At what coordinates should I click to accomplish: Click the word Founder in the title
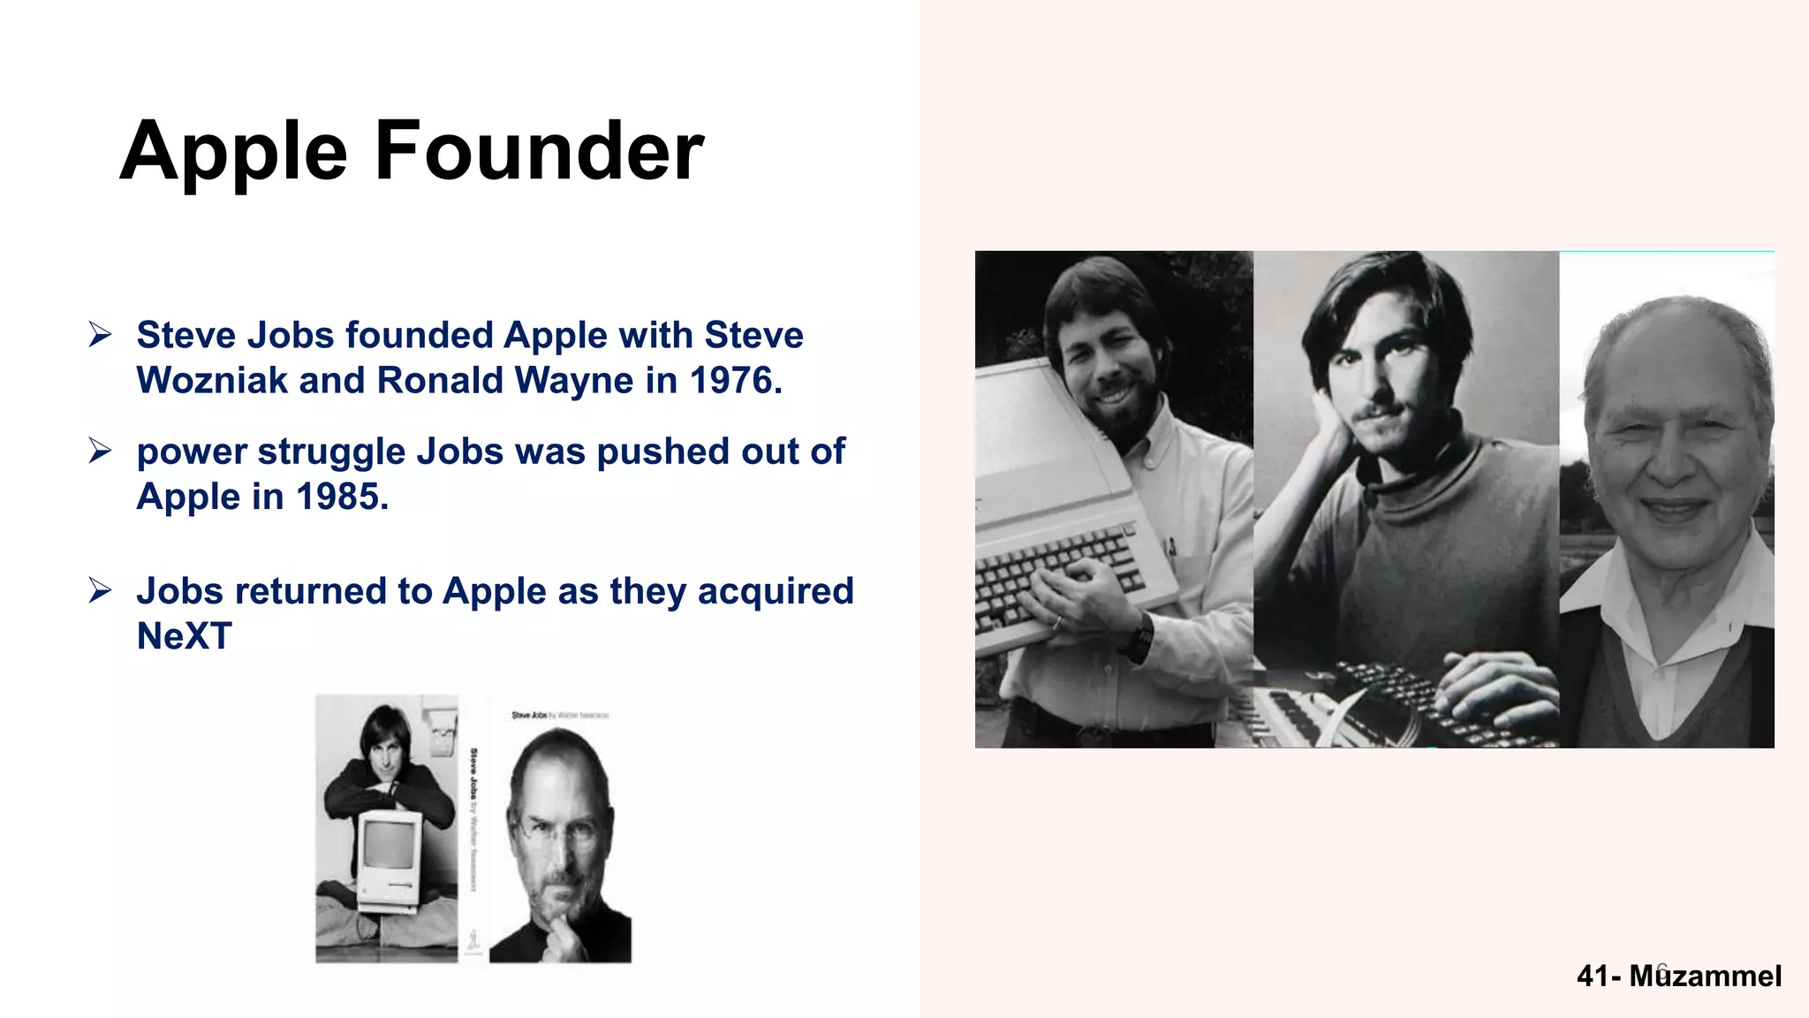(539, 152)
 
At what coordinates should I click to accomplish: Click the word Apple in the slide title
(233, 152)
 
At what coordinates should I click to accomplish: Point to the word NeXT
(184, 636)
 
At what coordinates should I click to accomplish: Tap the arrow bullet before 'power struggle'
(100, 452)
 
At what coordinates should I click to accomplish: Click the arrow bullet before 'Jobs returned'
(100, 591)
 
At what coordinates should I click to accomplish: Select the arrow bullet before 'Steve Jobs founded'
(100, 335)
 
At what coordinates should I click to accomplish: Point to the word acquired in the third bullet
(775, 591)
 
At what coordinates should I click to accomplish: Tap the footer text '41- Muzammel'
(1678, 976)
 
